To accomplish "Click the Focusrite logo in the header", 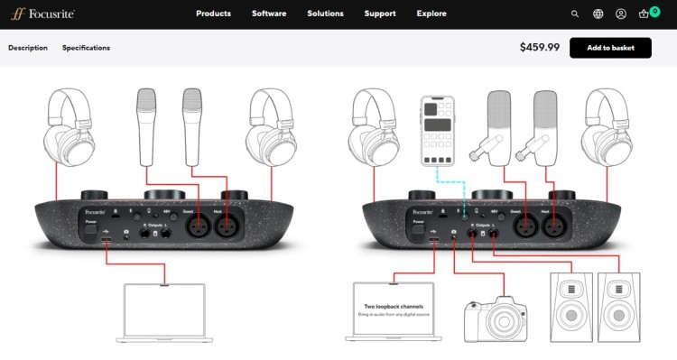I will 42,14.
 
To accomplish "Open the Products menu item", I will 213,14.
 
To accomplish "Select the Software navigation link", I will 269,14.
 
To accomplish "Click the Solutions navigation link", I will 325,14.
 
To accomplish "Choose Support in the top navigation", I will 379,14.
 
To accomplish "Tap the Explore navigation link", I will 431,14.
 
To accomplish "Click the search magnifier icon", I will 575,14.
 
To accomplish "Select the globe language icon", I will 598,14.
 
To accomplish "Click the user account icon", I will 621,14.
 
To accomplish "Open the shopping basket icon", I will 645,14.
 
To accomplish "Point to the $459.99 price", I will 540,48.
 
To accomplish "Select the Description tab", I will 28,48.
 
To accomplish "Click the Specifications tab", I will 86,48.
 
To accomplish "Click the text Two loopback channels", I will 389,307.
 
